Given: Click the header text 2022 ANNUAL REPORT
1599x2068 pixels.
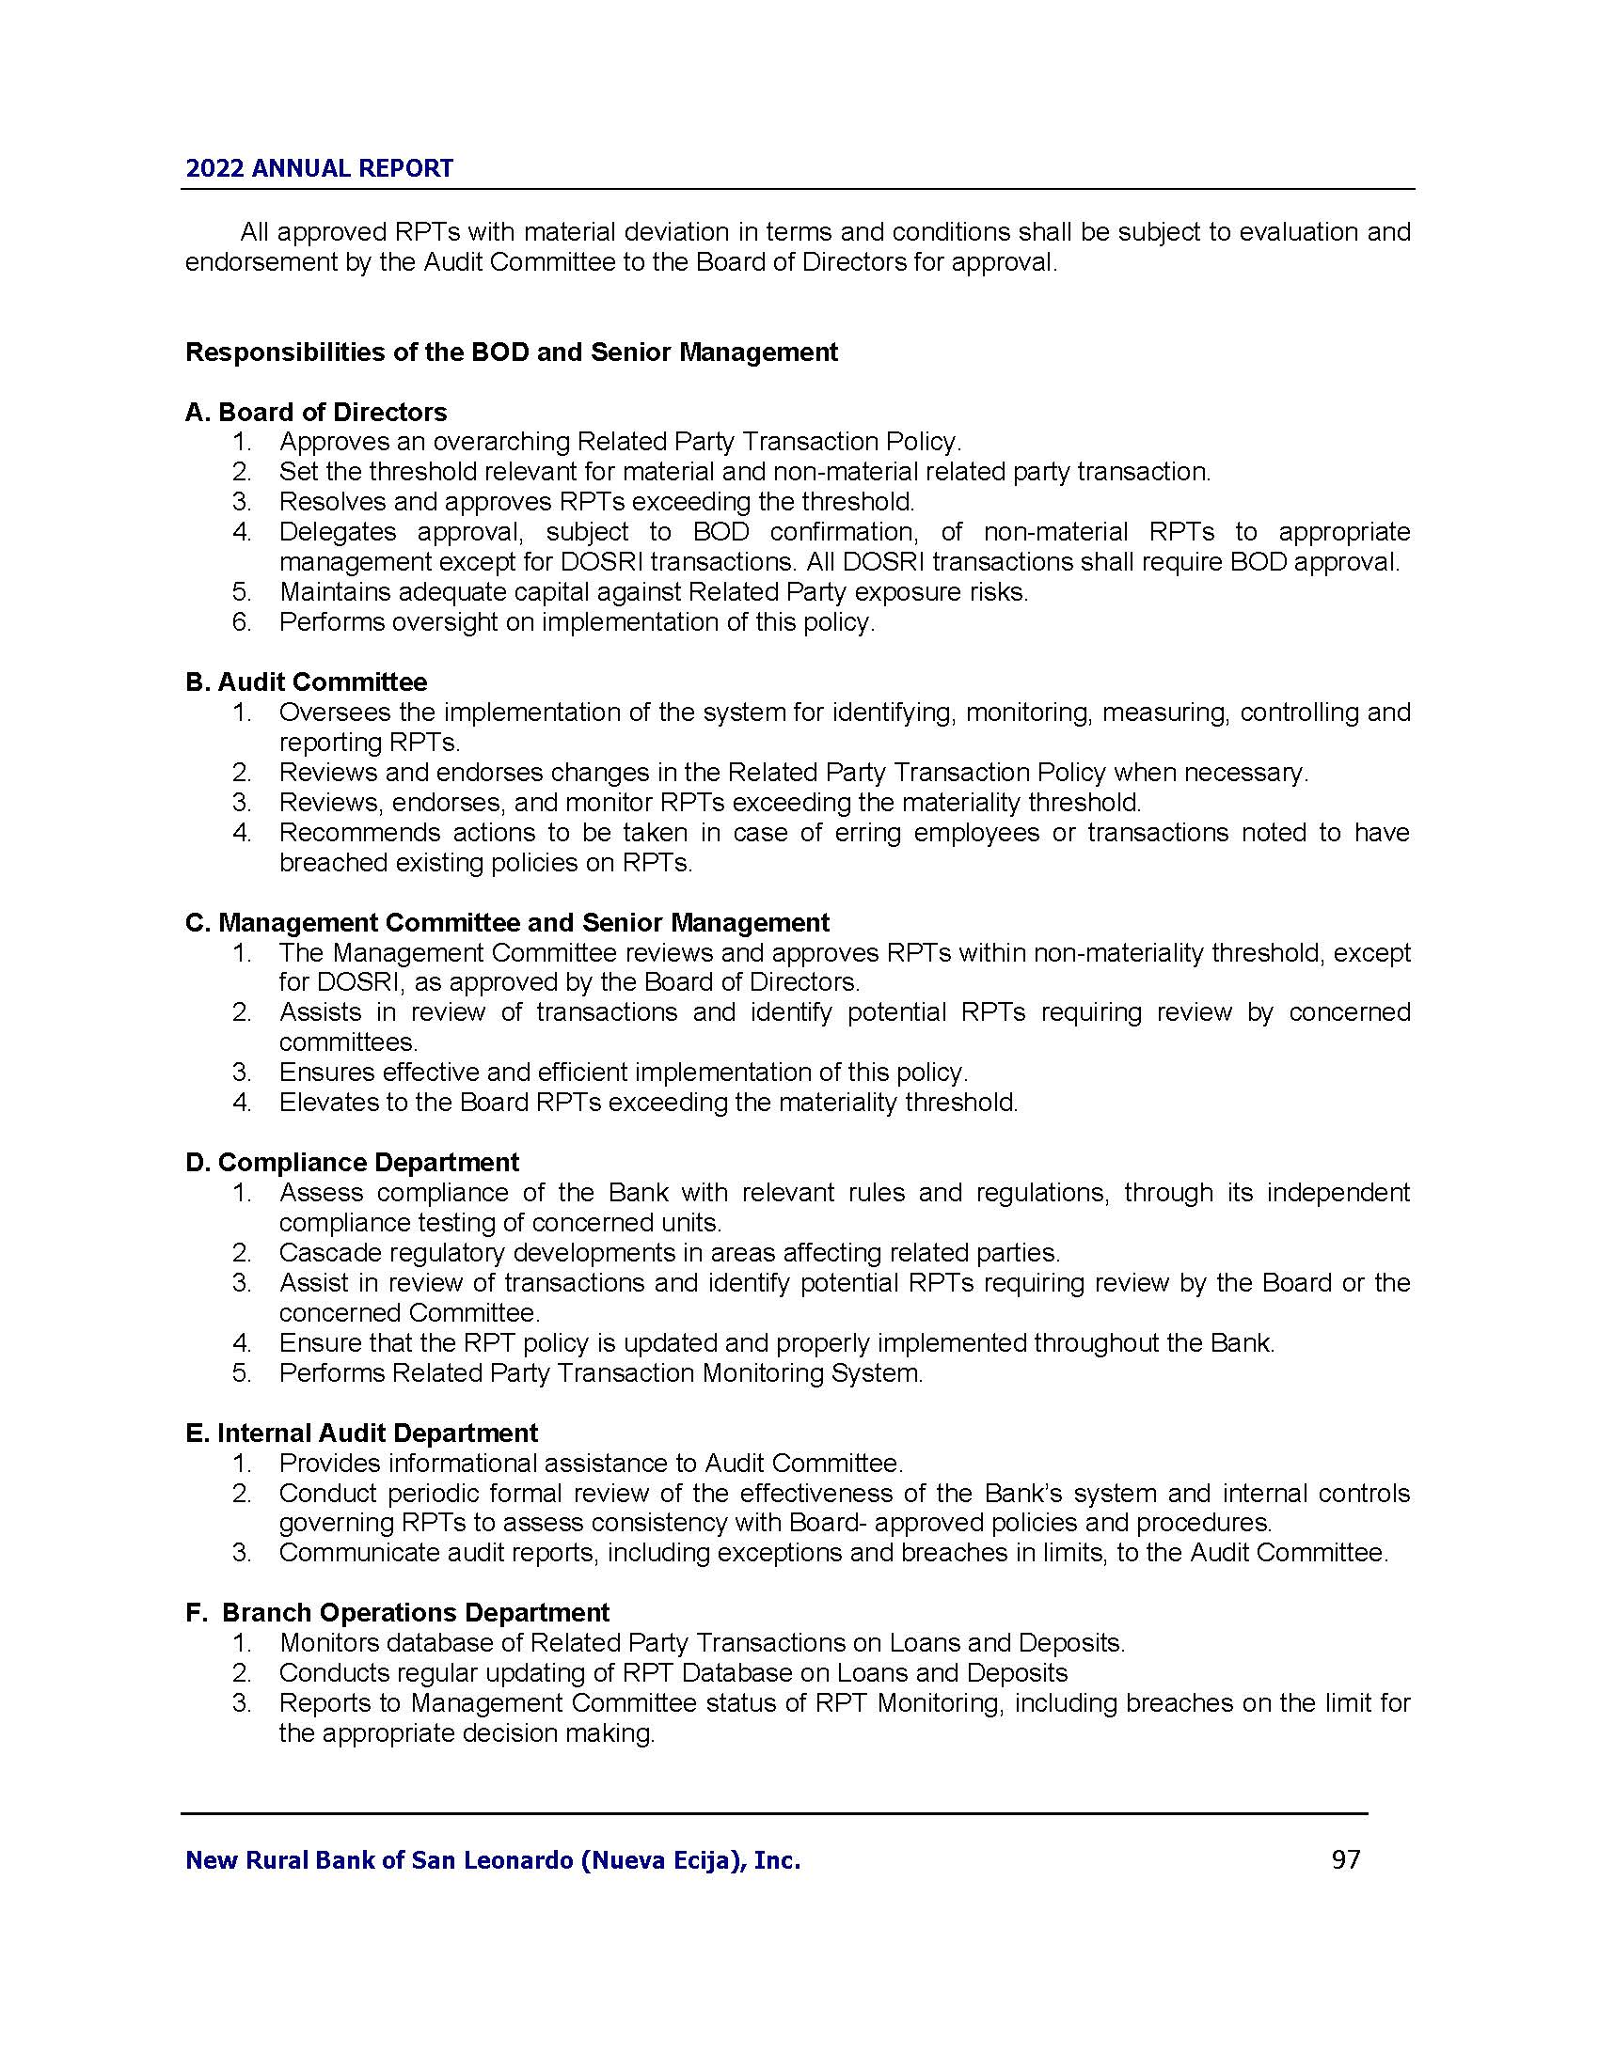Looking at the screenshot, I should click(x=319, y=168).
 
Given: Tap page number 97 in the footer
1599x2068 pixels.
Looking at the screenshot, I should click(x=1345, y=1859).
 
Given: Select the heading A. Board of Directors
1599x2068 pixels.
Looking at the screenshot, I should click(x=316, y=412).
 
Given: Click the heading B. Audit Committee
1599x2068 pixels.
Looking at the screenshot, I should click(x=306, y=681).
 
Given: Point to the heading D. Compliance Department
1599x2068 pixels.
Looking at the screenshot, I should click(x=353, y=1162).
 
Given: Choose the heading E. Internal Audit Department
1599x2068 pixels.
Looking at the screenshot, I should click(x=362, y=1433).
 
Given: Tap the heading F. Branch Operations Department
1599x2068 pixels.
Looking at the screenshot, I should click(x=398, y=1611).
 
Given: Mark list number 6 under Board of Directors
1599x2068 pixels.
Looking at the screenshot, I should click(x=242, y=622).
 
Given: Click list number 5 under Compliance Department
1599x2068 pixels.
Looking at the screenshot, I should click(x=242, y=1373).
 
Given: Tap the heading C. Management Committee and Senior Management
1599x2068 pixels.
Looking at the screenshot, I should click(x=508, y=922).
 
